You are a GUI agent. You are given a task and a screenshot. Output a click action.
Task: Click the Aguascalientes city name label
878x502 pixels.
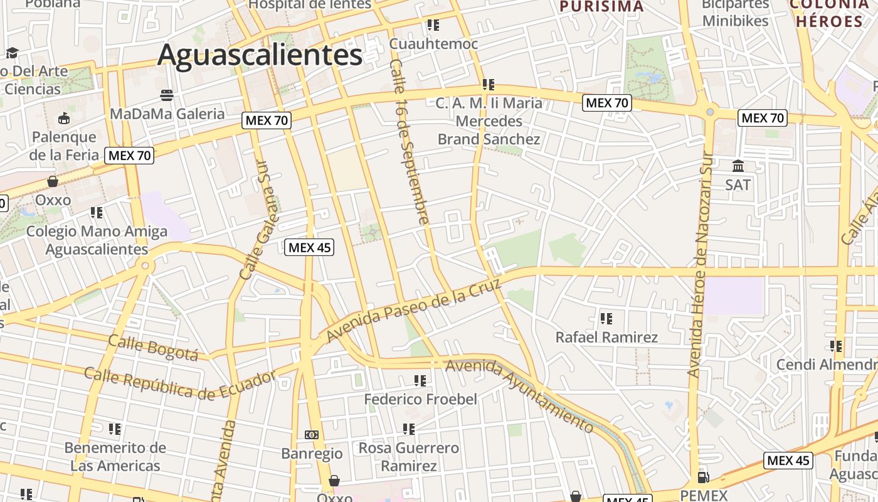[260, 55]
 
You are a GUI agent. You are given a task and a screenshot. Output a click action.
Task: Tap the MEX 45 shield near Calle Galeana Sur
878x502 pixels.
[309, 247]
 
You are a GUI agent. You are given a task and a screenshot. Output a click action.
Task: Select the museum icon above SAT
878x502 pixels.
[738, 166]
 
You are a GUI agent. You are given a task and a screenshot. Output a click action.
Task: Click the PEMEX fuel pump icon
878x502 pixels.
[704, 478]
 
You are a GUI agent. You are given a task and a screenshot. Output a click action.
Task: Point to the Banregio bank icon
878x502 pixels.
[312, 435]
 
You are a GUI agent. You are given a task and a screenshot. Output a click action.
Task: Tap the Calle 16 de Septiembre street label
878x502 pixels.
[409, 142]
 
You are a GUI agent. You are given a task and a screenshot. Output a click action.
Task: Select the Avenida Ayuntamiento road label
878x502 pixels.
[519, 395]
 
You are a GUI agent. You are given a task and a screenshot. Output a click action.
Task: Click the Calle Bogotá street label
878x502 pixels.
[153, 348]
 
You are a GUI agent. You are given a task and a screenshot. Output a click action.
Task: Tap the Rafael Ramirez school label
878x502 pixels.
[606, 338]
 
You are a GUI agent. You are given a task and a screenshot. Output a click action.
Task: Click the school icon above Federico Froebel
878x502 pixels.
[420, 381]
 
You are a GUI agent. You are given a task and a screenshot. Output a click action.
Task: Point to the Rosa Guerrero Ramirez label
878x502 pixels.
[409, 457]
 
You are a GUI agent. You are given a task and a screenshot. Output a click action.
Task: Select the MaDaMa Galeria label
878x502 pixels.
[167, 114]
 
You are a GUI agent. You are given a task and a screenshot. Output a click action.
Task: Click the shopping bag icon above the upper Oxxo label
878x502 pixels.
[53, 182]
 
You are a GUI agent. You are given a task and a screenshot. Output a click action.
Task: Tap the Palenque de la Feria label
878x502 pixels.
[65, 146]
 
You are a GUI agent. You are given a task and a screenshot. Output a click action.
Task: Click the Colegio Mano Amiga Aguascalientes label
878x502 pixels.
[97, 240]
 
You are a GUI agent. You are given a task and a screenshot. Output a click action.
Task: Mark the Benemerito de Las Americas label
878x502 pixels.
[115, 457]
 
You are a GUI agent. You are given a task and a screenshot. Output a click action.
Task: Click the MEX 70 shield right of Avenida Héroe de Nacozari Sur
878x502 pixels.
[762, 117]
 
